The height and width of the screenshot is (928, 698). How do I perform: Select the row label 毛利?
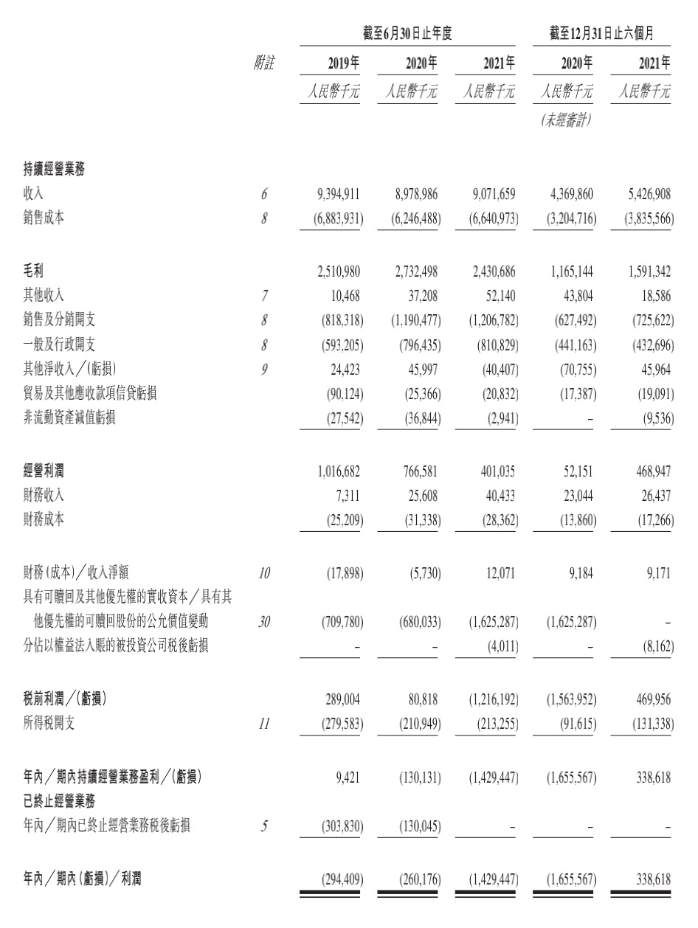[x=34, y=271]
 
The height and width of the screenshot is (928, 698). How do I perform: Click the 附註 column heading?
[x=263, y=64]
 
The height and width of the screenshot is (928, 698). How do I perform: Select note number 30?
[x=264, y=622]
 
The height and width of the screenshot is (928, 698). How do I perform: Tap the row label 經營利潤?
[x=44, y=471]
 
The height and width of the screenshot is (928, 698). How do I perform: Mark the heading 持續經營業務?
[x=54, y=170]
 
